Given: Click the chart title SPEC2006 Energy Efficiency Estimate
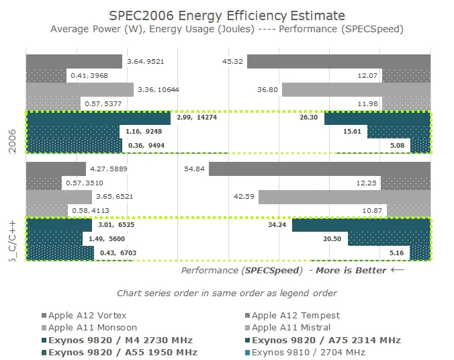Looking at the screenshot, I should tap(227, 15).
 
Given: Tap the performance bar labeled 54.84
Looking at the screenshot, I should tap(319, 169).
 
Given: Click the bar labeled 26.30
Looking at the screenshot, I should tap(377, 118).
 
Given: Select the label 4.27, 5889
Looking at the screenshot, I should tap(108, 169).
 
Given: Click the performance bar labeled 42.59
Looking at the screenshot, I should tap(344, 197).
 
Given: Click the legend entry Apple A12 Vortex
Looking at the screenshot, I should tap(87, 315).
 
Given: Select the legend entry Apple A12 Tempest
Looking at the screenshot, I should tap(296, 315).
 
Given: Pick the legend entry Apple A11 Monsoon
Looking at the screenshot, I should tap(93, 328).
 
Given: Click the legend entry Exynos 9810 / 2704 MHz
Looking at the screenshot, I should tap(308, 352).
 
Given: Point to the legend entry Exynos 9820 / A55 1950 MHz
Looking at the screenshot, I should tap(123, 352).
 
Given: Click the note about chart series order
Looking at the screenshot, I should tap(226, 293).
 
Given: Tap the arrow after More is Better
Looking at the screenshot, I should tap(398, 270).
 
